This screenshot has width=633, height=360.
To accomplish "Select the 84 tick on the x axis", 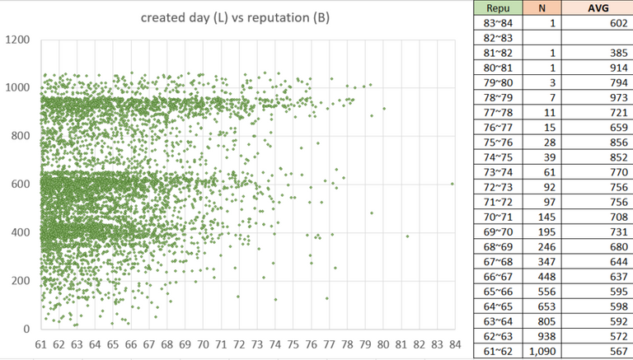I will coord(453,344).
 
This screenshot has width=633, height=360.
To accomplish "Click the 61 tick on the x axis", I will coord(40,344).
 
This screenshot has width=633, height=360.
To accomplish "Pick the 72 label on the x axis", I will coord(238,344).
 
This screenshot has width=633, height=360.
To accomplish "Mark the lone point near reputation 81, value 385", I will coord(406,236).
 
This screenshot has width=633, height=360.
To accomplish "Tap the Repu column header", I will coord(500,8).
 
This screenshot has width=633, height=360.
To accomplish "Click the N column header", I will coord(540,8).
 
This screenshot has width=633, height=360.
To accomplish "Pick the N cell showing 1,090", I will coord(541,351).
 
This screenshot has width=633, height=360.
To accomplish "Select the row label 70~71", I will coord(500,217).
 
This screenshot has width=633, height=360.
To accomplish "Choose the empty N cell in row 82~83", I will coord(540,38).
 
